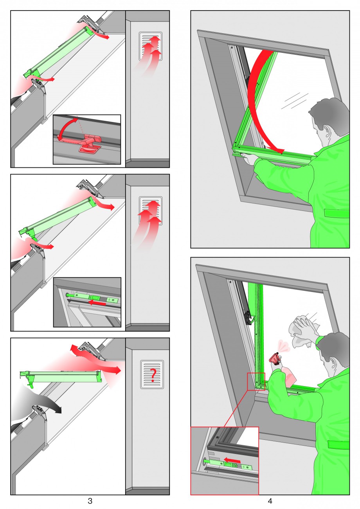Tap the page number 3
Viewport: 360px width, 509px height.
[x=90, y=501]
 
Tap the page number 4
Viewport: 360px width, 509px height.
[x=270, y=501]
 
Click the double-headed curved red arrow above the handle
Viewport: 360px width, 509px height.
[x=65, y=127]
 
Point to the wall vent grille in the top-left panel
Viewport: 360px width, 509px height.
[x=150, y=46]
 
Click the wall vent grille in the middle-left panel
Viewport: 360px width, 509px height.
[x=150, y=210]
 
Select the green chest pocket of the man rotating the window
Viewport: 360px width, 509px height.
[x=337, y=214]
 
